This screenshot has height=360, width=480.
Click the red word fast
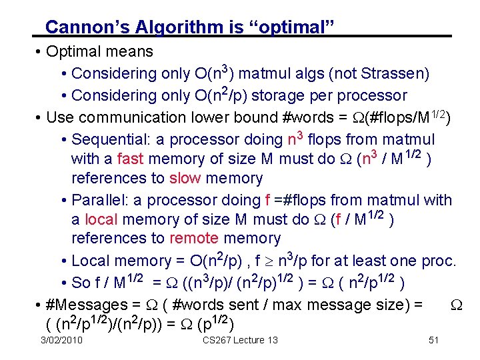pyautogui.click(x=131, y=159)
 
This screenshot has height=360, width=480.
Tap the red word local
pyautogui.click(x=101, y=219)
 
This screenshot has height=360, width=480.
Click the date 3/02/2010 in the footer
pyautogui.click(x=61, y=341)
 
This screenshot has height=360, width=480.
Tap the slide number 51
pyautogui.click(x=434, y=341)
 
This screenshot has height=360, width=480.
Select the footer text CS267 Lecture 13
pyautogui.click(x=240, y=341)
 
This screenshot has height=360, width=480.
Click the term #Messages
pyautogui.click(x=83, y=305)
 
